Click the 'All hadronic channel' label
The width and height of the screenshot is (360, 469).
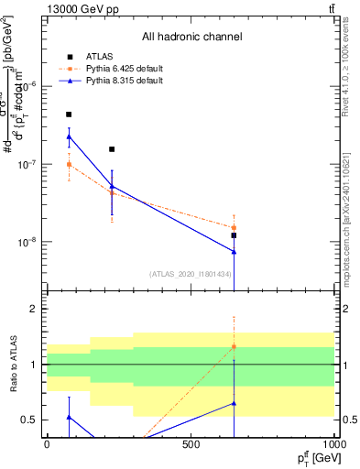[x=191, y=37]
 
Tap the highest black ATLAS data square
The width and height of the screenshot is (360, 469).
[x=69, y=115]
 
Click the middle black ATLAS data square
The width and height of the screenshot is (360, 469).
[x=112, y=148]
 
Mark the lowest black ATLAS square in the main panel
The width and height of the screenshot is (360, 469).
[x=234, y=235]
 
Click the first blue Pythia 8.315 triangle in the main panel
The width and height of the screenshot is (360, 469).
[x=69, y=136]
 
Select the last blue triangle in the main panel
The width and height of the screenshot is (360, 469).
[x=234, y=252]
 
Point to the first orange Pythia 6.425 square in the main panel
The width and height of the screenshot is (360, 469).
[x=69, y=165]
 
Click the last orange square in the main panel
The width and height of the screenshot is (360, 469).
[x=234, y=227]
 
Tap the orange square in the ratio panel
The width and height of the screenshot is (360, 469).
[x=234, y=346]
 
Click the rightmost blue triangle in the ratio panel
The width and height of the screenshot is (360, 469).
[x=234, y=403]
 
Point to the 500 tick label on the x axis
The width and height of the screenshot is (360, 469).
[x=191, y=443]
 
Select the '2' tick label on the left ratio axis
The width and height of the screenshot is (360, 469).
[x=34, y=310]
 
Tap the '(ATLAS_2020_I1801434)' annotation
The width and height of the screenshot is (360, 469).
[x=190, y=274]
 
